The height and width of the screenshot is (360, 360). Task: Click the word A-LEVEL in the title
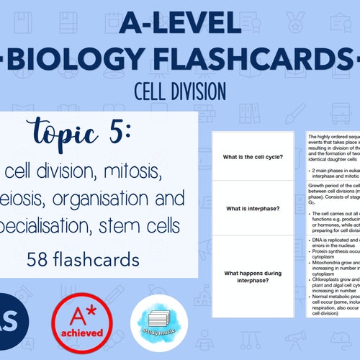click(180, 24)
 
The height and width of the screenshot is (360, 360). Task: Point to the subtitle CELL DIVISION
click(181, 90)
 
